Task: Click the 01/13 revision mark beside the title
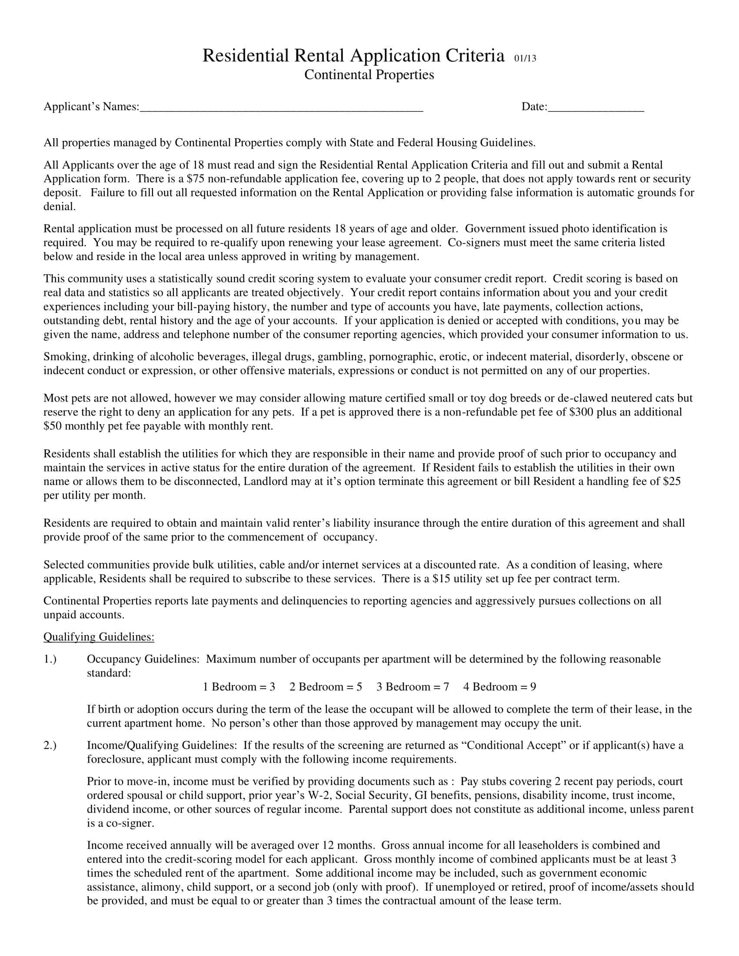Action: (x=525, y=58)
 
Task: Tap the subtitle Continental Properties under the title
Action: (x=369, y=75)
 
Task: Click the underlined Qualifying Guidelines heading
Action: (x=99, y=637)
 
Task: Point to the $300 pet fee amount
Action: (x=581, y=412)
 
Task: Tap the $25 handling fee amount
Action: (x=672, y=481)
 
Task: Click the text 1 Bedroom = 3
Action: (x=239, y=686)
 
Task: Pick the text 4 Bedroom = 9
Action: (x=499, y=686)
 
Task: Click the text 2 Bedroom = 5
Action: (x=325, y=686)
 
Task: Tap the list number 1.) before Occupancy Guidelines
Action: (x=50, y=659)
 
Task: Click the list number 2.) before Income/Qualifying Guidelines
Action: (x=50, y=745)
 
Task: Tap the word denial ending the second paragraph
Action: (x=59, y=206)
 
